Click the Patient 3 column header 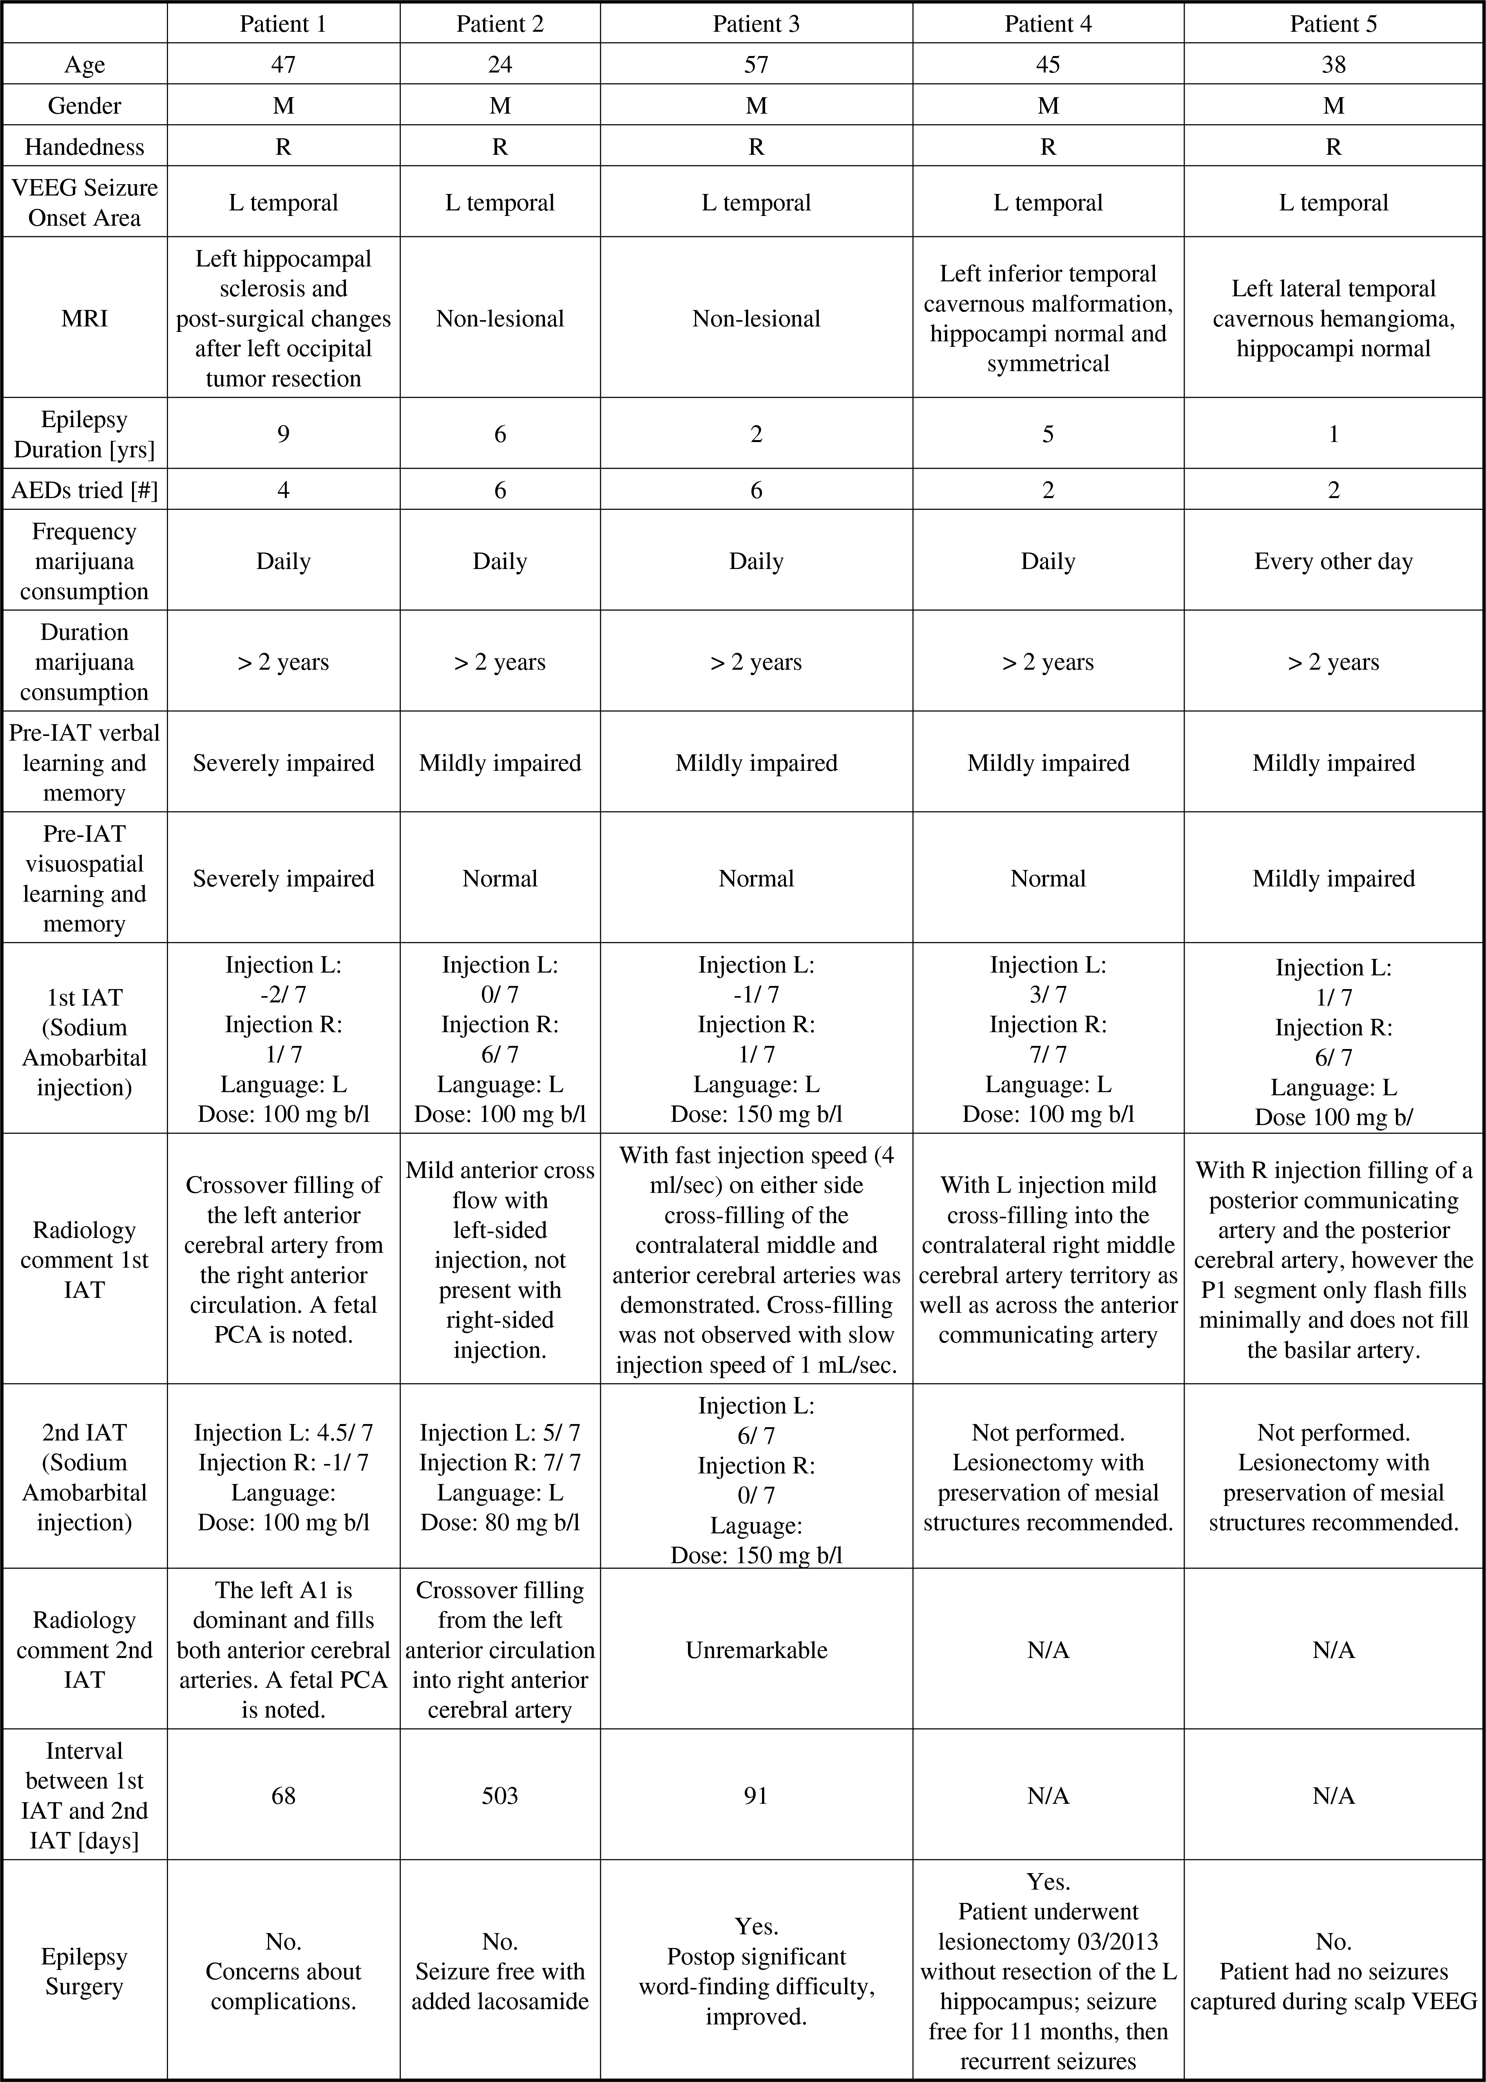coord(756,24)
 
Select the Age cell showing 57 coord(756,64)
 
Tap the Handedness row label coord(84,147)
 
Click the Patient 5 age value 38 coord(1333,64)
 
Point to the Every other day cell coord(1333,561)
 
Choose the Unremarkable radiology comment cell coord(756,1649)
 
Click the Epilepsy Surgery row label coord(84,1971)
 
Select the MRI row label coord(84,319)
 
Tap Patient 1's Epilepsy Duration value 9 coord(284,434)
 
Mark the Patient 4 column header coord(1048,24)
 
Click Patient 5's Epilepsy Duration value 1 coord(1333,434)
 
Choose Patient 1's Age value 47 coord(284,64)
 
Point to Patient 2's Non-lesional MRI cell coord(500,319)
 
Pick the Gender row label coord(84,105)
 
